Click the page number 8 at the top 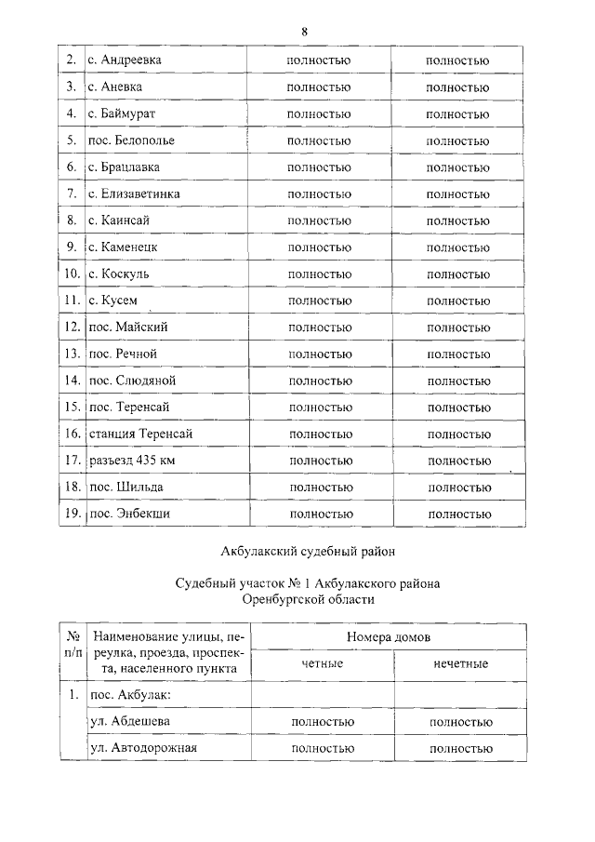pyautogui.click(x=304, y=31)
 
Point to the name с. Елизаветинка pyautogui.click(x=134, y=194)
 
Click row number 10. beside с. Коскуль pyautogui.click(x=71, y=274)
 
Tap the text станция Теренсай pyautogui.click(x=141, y=434)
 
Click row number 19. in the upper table pyautogui.click(x=71, y=514)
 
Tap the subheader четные pyautogui.click(x=322, y=663)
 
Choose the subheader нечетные pyautogui.click(x=460, y=663)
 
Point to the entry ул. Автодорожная pyautogui.click(x=144, y=747)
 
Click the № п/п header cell pyautogui.click(x=71, y=645)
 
